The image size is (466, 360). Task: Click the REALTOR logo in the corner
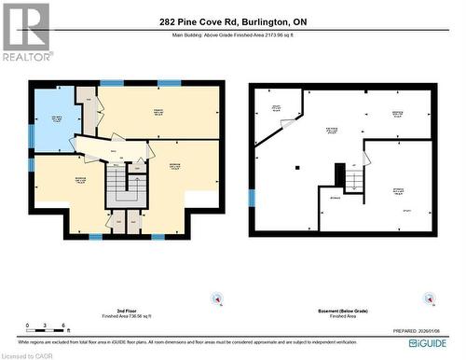(x=26, y=31)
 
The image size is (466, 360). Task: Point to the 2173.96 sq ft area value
(x=285, y=35)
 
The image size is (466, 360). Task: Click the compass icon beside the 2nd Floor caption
(x=218, y=298)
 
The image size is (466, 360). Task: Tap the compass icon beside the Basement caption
(x=432, y=298)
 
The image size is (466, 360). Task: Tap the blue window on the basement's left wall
(x=252, y=197)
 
